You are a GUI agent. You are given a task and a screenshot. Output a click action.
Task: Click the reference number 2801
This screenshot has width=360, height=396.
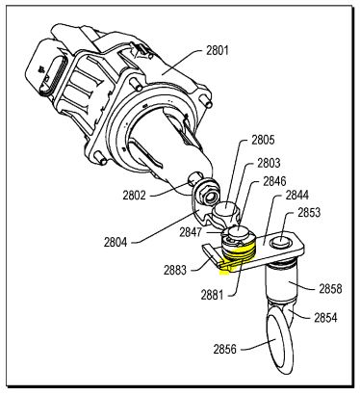click(218, 51)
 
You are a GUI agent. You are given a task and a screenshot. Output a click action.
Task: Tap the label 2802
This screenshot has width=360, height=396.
click(134, 195)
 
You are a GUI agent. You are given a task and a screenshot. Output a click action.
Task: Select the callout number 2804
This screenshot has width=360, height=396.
click(116, 242)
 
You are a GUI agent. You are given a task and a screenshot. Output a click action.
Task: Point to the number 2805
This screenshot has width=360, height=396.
click(263, 140)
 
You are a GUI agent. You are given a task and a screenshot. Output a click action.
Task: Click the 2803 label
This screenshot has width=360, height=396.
click(269, 163)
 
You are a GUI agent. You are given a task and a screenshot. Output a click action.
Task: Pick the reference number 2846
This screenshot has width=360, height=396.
click(274, 181)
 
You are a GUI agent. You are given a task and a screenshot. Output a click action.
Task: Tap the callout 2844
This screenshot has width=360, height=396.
click(297, 195)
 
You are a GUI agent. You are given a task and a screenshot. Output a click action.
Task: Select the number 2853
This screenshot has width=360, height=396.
click(309, 212)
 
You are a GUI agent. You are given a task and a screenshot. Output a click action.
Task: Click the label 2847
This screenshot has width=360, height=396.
click(191, 232)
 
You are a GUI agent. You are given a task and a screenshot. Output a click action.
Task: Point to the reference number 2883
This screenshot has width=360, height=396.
click(175, 270)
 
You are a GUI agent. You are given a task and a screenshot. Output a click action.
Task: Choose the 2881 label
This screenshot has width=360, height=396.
click(212, 295)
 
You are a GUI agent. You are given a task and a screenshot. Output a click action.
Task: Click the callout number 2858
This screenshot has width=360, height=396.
click(330, 289)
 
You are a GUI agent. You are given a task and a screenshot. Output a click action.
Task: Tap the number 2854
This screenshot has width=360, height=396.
click(325, 318)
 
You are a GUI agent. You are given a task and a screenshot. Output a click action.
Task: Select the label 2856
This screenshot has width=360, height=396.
click(225, 349)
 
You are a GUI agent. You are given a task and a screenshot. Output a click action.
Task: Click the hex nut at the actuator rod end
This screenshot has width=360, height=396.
click(208, 196)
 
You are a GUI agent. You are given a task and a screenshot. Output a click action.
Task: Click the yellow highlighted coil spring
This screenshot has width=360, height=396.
click(239, 254)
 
